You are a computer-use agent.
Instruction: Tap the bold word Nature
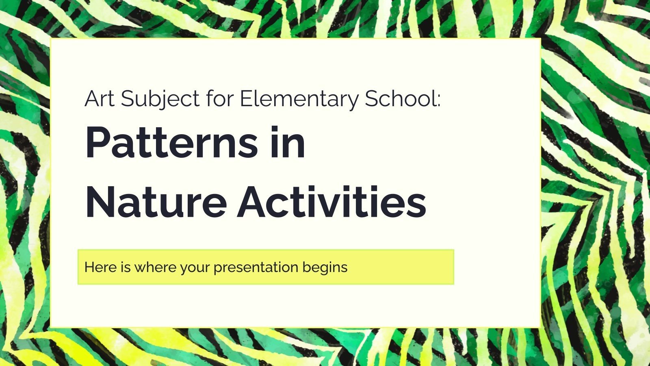[x=156, y=203]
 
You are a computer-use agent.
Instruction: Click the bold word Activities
[x=332, y=203]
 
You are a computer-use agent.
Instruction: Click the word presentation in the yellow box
[x=256, y=268]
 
